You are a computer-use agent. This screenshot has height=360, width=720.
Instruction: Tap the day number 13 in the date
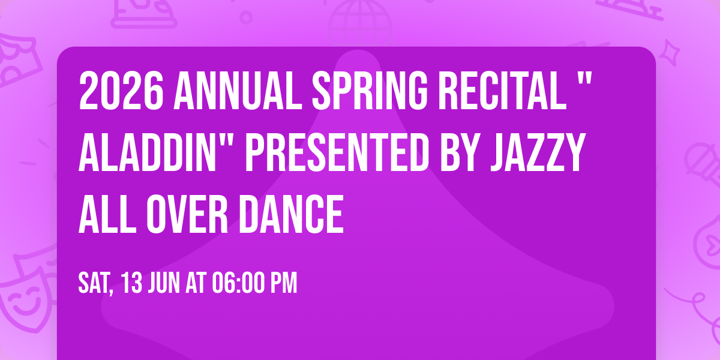coord(133,283)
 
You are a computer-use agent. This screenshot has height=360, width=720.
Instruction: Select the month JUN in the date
coord(165,283)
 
